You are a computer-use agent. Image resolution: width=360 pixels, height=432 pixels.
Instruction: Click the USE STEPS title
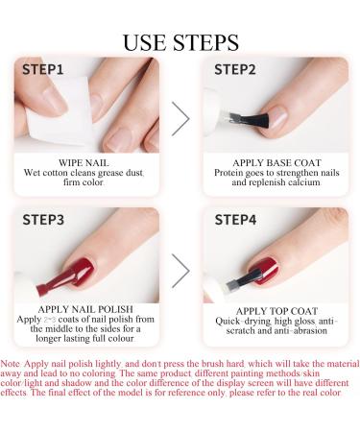[180, 42]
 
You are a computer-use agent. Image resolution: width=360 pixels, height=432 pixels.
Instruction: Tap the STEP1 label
[43, 70]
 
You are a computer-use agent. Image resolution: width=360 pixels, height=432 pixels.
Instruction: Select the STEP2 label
[235, 70]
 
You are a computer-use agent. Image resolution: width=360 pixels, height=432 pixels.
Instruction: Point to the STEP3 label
[43, 220]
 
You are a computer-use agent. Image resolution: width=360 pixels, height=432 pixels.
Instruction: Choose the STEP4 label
[235, 220]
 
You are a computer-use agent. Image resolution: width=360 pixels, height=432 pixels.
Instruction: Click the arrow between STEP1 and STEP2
[180, 119]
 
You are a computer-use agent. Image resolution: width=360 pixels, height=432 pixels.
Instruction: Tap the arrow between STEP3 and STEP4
[180, 271]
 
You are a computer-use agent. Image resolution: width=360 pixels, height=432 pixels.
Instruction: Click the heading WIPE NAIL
[84, 163]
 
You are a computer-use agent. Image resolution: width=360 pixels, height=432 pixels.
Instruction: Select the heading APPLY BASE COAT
[276, 163]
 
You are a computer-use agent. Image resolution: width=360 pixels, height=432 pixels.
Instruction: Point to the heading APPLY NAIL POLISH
[85, 309]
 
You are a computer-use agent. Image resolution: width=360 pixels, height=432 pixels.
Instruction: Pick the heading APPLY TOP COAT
[276, 311]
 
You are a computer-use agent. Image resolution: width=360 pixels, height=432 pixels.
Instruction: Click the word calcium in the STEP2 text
[304, 182]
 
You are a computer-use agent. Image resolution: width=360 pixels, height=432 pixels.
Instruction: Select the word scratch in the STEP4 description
[241, 331]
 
